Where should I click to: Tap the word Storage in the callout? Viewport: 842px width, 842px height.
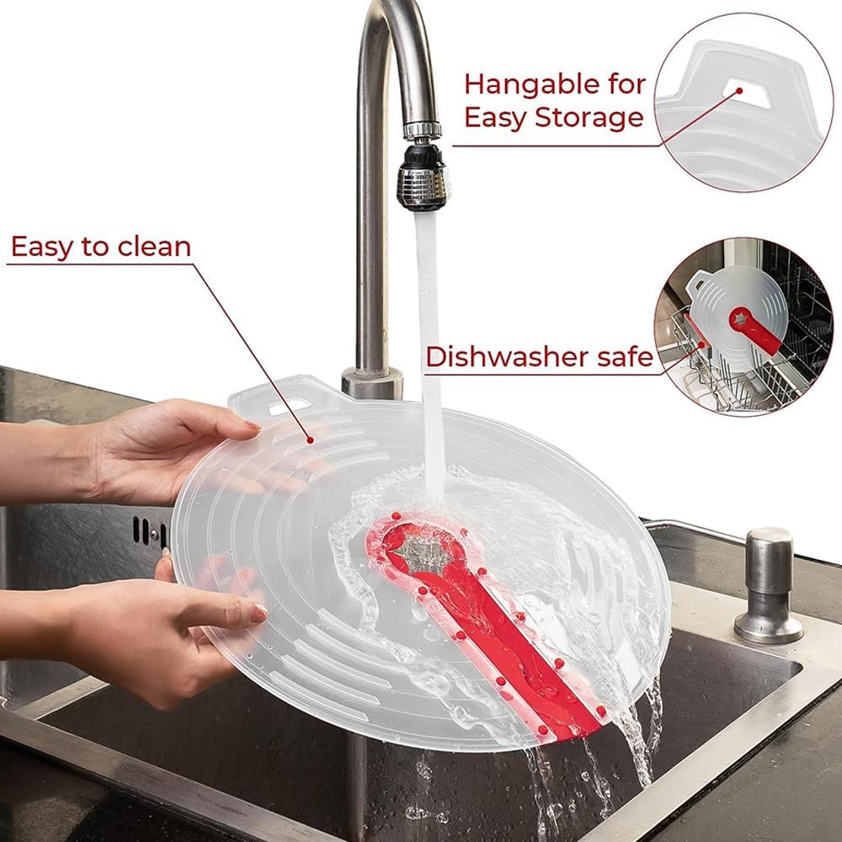(589, 118)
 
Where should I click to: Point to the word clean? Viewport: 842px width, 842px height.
(154, 247)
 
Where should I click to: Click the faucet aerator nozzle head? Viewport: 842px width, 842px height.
(423, 174)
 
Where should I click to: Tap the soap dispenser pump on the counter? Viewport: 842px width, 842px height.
(769, 586)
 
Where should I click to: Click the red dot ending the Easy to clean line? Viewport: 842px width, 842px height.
(310, 440)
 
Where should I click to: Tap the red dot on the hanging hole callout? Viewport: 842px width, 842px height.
(739, 91)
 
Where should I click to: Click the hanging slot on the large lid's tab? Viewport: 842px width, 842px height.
(289, 407)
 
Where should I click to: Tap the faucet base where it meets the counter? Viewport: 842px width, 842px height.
(371, 381)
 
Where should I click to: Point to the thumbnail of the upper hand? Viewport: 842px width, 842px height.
(252, 426)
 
